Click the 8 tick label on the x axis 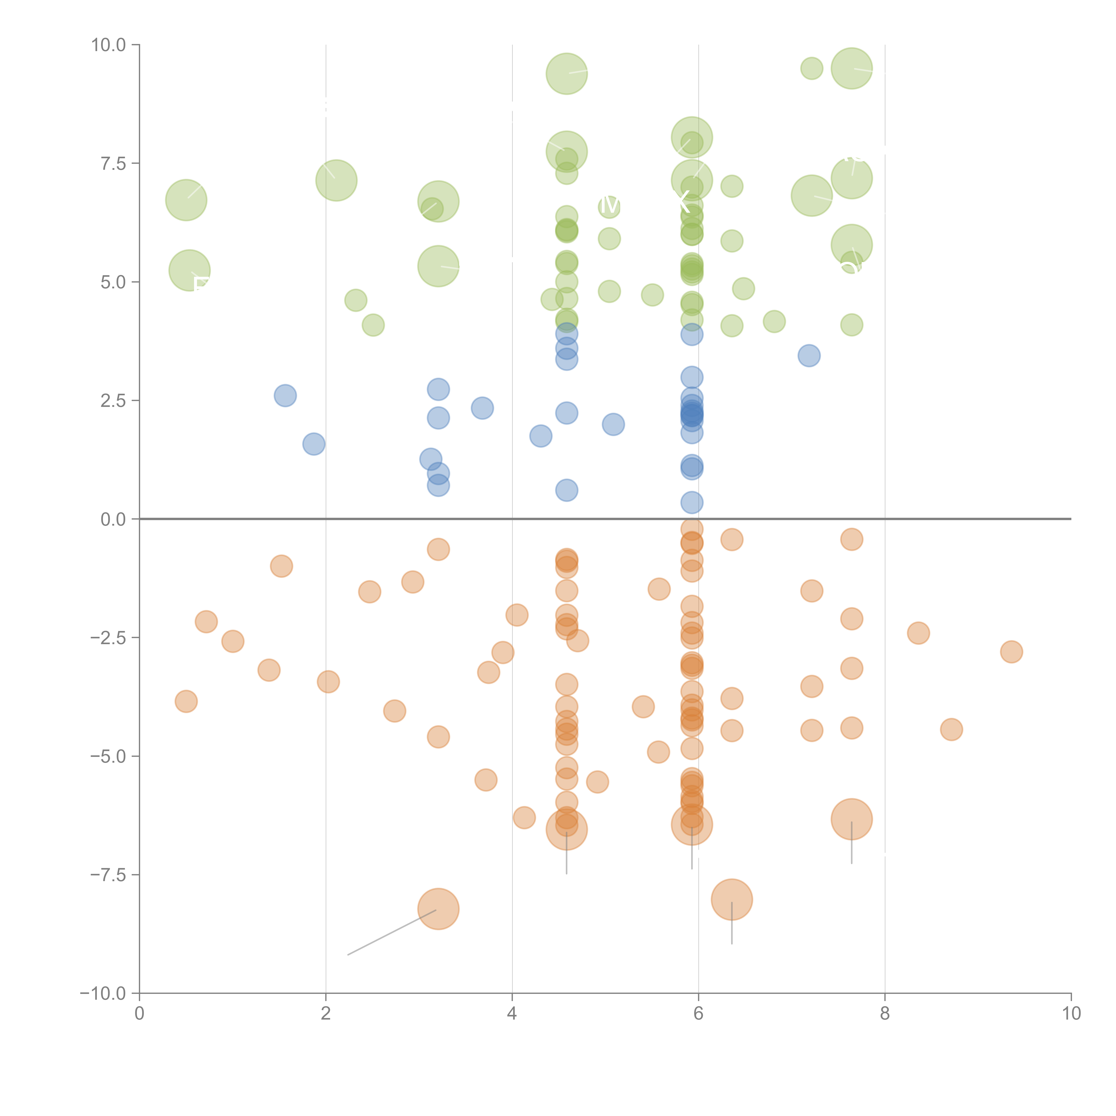click(x=885, y=1014)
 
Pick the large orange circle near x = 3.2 click(x=438, y=909)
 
